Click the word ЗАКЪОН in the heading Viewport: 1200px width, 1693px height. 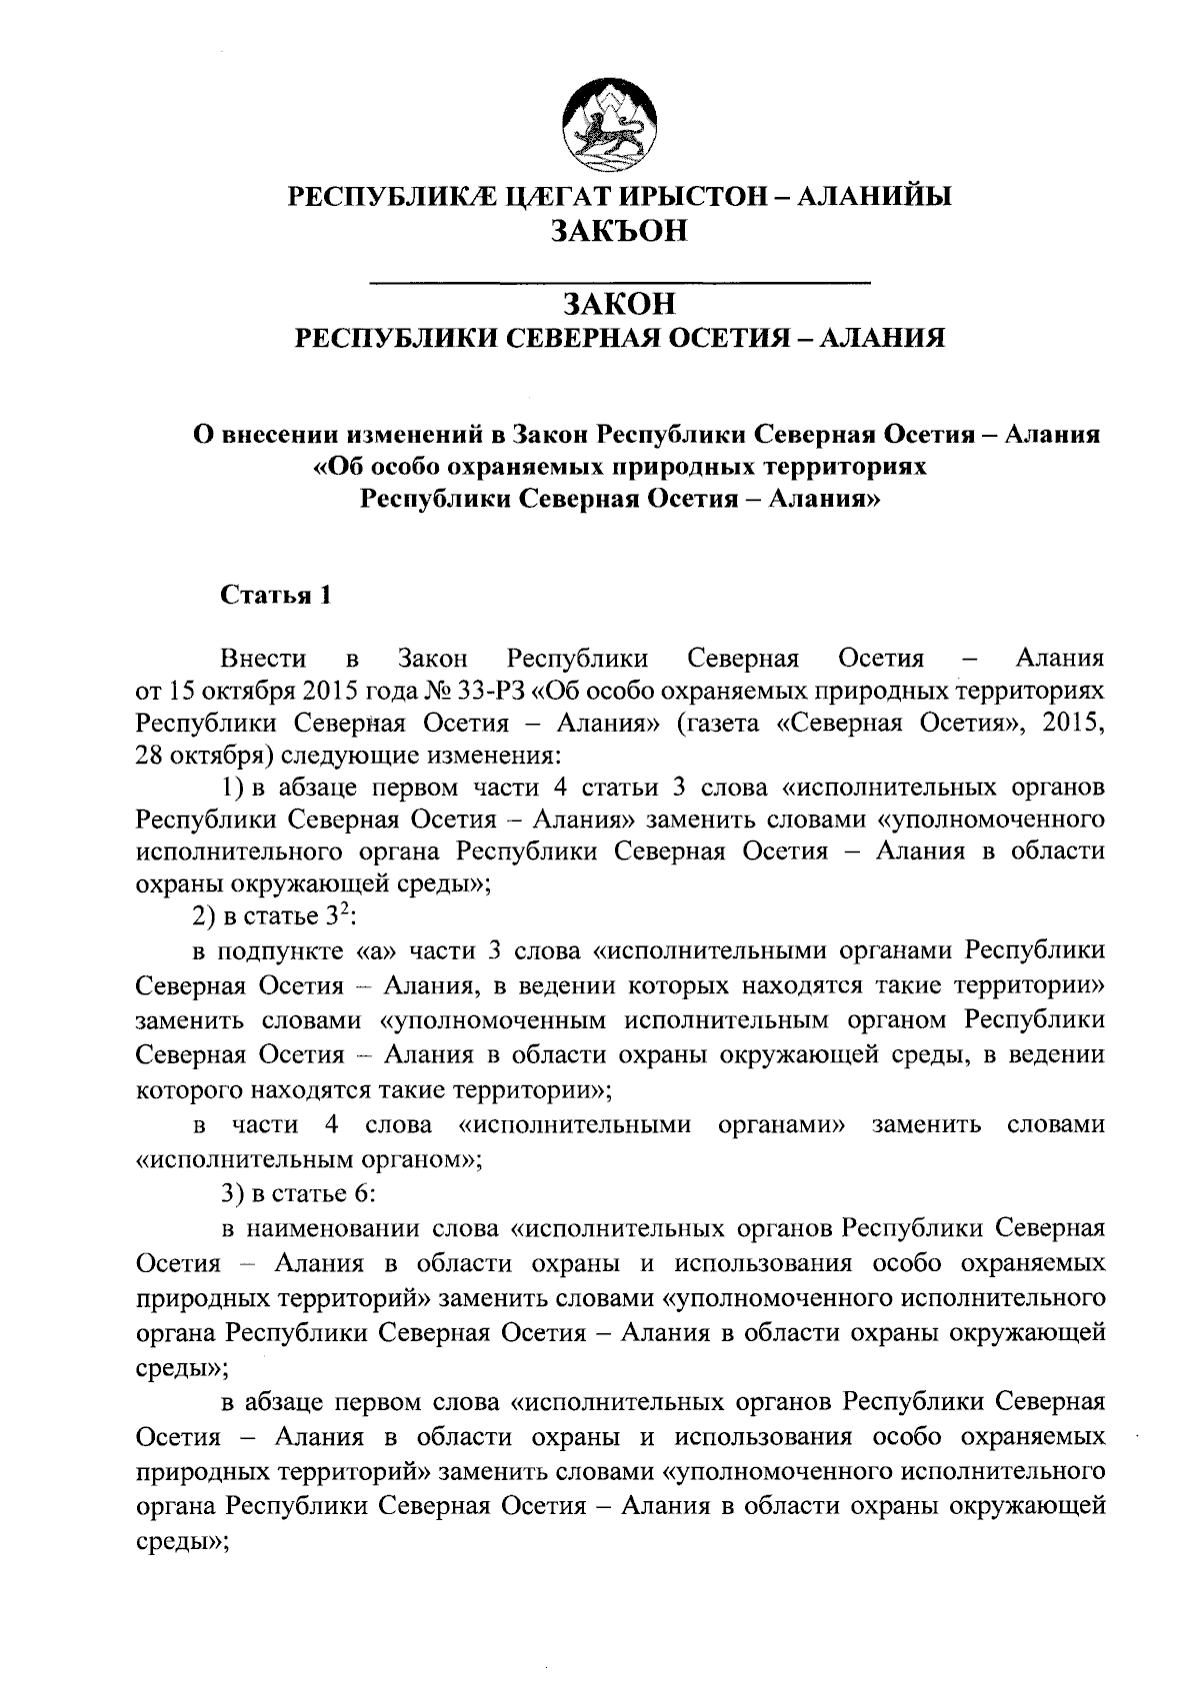tap(620, 231)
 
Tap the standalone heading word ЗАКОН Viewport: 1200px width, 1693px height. tap(620, 303)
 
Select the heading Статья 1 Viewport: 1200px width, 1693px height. tap(275, 596)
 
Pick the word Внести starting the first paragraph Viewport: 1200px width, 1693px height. tap(264, 659)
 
